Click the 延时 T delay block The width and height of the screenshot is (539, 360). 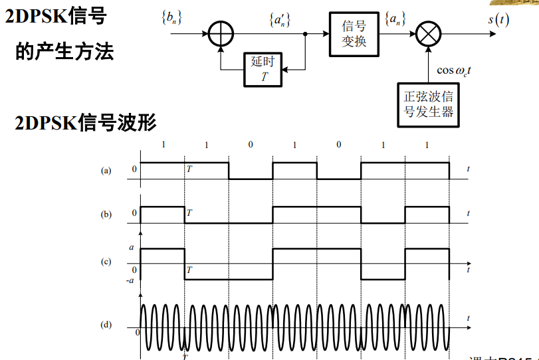click(263, 69)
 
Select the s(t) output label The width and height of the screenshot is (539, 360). click(498, 19)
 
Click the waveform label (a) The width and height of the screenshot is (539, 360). click(106, 171)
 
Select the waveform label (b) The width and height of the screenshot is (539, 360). click(106, 215)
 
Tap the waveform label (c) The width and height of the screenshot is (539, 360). click(106, 262)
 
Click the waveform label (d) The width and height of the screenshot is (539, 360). click(106, 325)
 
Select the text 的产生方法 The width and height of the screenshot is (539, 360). click(64, 51)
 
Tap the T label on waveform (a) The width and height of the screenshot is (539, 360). click(189, 170)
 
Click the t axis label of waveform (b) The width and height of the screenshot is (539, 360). click(468, 214)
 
